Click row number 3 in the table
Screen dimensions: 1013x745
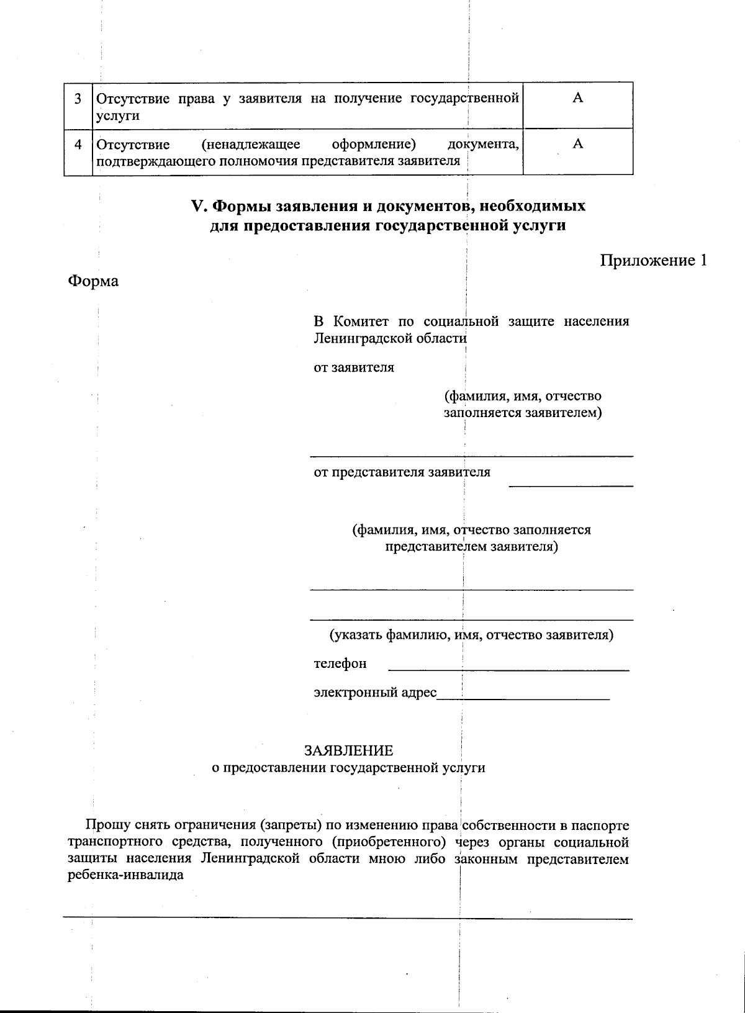point(78,99)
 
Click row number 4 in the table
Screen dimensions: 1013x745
point(78,145)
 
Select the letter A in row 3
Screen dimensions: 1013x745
point(577,98)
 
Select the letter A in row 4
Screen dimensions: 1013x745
point(577,144)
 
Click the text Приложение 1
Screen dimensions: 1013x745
point(653,260)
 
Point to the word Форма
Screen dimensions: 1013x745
point(93,281)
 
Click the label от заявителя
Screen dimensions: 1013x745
point(353,367)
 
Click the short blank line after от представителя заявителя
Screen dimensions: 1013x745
point(571,485)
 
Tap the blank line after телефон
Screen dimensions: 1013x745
point(508,670)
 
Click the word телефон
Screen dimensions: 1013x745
point(340,664)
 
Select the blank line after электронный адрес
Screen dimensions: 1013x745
point(523,699)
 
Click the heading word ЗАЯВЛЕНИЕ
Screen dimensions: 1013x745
point(348,750)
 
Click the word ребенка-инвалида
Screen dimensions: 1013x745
point(125,876)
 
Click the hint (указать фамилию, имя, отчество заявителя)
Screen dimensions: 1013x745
point(471,635)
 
